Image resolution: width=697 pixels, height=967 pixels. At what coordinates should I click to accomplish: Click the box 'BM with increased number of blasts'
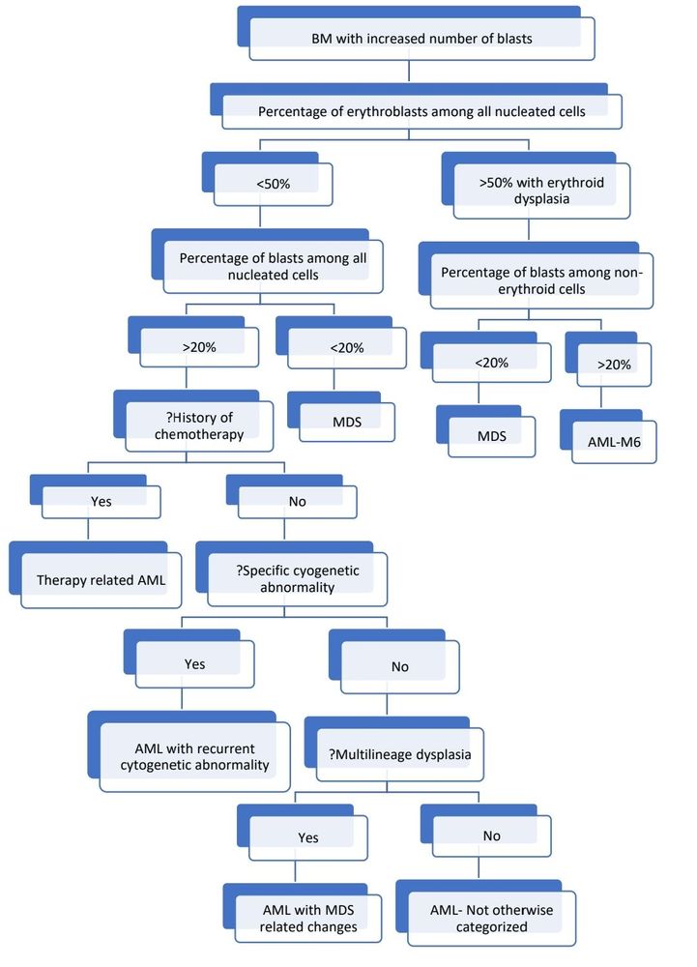coord(421,39)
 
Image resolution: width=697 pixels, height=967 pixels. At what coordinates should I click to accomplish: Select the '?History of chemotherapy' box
coord(198,425)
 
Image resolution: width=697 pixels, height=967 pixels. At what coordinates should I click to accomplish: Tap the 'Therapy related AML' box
coord(101,581)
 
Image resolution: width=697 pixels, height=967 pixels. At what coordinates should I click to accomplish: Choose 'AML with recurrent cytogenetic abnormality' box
coord(193,757)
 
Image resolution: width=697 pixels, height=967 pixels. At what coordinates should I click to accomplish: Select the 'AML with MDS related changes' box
coord(308,919)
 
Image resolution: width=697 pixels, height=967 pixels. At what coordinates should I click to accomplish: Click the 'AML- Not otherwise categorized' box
coord(492,919)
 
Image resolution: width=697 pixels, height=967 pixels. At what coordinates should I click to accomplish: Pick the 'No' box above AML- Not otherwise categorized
coord(492,835)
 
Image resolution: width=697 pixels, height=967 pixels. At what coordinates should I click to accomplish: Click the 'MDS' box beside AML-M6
coord(491,434)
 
